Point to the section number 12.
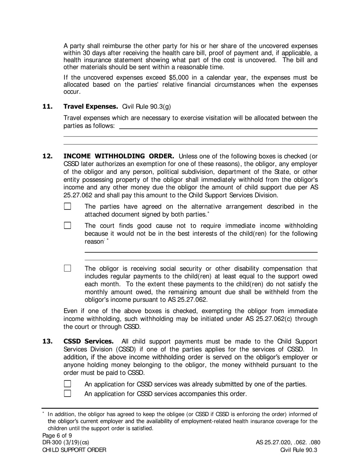47,156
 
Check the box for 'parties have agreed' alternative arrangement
67,207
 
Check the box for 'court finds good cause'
67,225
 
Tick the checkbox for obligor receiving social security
67,268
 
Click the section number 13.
47,341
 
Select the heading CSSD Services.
88,341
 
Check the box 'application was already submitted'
67,384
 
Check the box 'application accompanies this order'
67,393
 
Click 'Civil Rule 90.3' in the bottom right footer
298,450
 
